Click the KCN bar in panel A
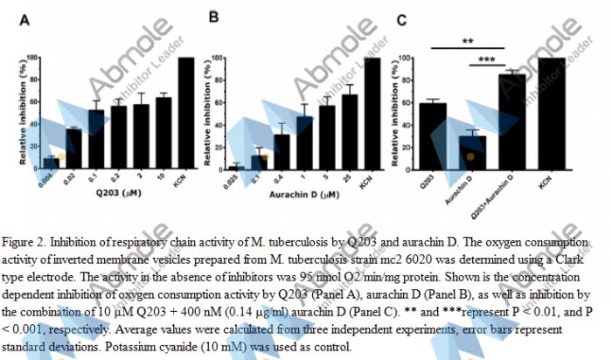tap(185, 113)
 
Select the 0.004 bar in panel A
tap(51, 163)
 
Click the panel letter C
tap(401, 19)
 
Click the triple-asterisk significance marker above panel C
tap(487, 60)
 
